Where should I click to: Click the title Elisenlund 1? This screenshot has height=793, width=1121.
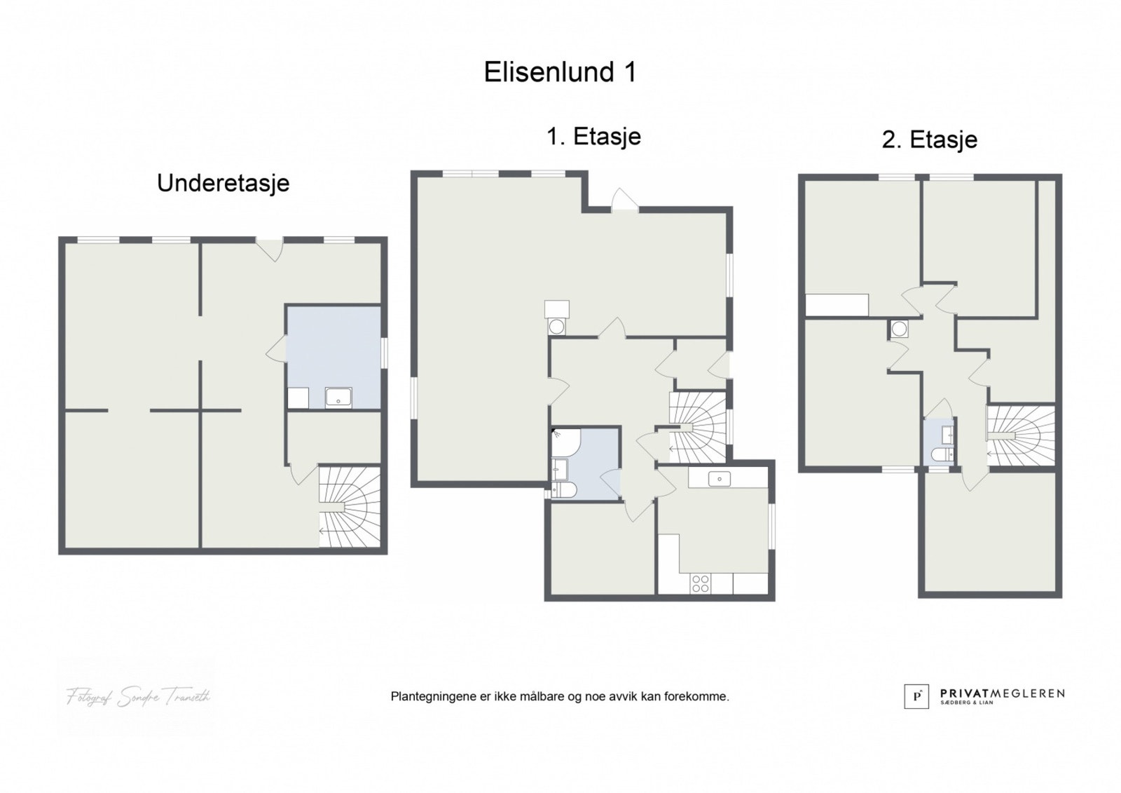[x=560, y=72]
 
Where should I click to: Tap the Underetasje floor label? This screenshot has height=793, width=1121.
[x=223, y=183]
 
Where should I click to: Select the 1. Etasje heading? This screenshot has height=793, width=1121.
[x=593, y=136]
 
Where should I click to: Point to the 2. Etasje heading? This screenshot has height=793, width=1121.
[x=929, y=140]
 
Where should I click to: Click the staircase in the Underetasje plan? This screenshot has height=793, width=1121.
[x=350, y=506]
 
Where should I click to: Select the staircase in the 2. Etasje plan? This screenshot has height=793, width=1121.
[x=1020, y=434]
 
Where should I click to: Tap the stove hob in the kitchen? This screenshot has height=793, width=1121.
[x=701, y=583]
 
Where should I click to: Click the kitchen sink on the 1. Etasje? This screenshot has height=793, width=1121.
[x=719, y=479]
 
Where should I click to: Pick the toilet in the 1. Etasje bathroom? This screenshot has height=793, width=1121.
[x=565, y=489]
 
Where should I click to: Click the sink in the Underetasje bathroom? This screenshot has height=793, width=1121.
[x=338, y=398]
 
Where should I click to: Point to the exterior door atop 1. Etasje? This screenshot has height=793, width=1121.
[x=624, y=201]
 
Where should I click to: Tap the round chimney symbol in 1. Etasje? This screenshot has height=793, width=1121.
[x=557, y=326]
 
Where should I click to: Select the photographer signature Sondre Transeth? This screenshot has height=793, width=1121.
[x=137, y=697]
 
